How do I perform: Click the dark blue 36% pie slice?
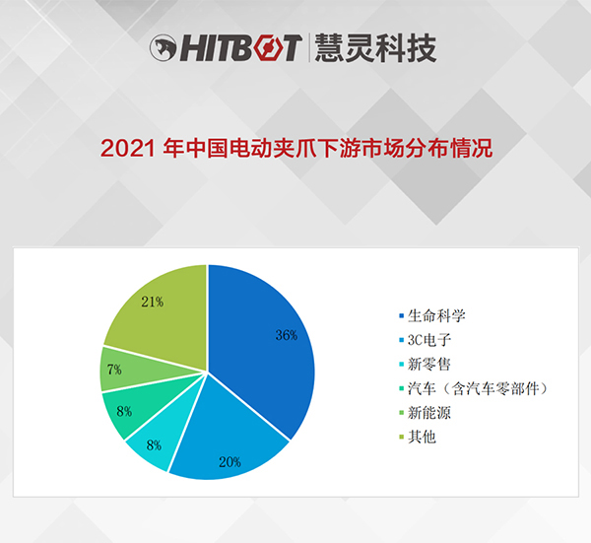[260, 351]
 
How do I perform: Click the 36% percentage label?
[287, 335]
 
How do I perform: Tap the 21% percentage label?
[153, 302]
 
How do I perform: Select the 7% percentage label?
[114, 370]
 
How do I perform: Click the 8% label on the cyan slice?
[154, 445]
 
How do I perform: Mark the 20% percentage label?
[230, 462]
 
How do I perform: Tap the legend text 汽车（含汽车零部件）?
[478, 388]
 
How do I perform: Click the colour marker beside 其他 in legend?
[402, 438]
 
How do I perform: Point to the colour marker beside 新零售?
[402, 365]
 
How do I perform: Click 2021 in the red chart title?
[128, 148]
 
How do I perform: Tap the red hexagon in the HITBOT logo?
[269, 48]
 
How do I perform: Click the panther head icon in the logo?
[163, 48]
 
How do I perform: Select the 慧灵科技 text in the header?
[375, 47]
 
